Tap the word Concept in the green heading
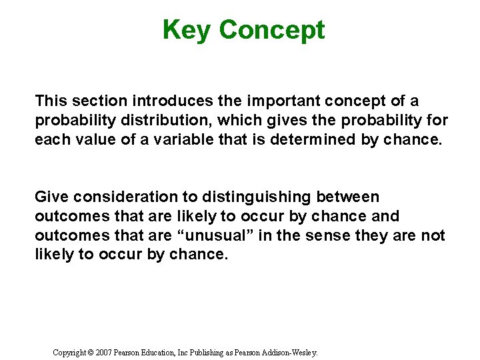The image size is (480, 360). click(x=271, y=30)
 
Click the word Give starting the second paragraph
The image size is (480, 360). click(x=52, y=197)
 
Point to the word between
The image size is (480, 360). click(x=347, y=197)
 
